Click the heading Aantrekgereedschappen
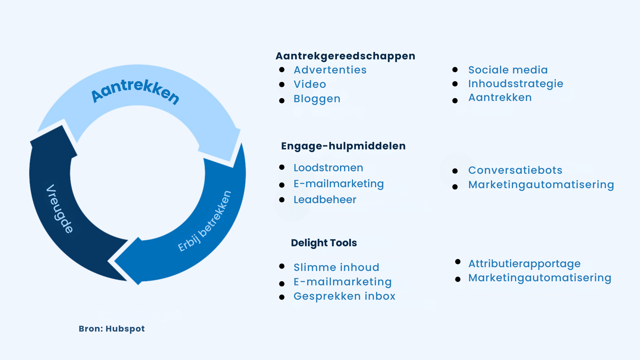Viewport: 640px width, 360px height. [x=345, y=56]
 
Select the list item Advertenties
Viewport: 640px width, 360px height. [x=330, y=70]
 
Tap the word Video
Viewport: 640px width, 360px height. [x=310, y=84]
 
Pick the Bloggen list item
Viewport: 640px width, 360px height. [x=317, y=99]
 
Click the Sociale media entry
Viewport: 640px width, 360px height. [x=508, y=70]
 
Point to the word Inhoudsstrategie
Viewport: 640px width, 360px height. [x=516, y=84]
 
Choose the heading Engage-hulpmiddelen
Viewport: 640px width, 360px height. [x=343, y=146]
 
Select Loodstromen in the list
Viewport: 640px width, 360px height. [x=328, y=168]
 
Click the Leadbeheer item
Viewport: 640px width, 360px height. [x=325, y=200]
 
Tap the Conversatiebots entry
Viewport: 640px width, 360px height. [x=515, y=170]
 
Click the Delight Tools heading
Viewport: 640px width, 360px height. [x=324, y=243]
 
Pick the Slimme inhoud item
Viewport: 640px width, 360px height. [x=336, y=267]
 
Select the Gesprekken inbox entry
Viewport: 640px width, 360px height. [x=344, y=296]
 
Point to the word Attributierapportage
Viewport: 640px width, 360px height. [x=524, y=264]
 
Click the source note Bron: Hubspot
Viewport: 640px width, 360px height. [x=112, y=329]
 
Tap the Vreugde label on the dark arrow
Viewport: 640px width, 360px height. [x=59, y=209]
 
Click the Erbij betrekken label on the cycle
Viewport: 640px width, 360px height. [x=205, y=221]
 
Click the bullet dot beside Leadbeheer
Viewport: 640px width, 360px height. [x=282, y=200]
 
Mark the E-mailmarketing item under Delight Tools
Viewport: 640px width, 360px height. [x=342, y=282]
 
